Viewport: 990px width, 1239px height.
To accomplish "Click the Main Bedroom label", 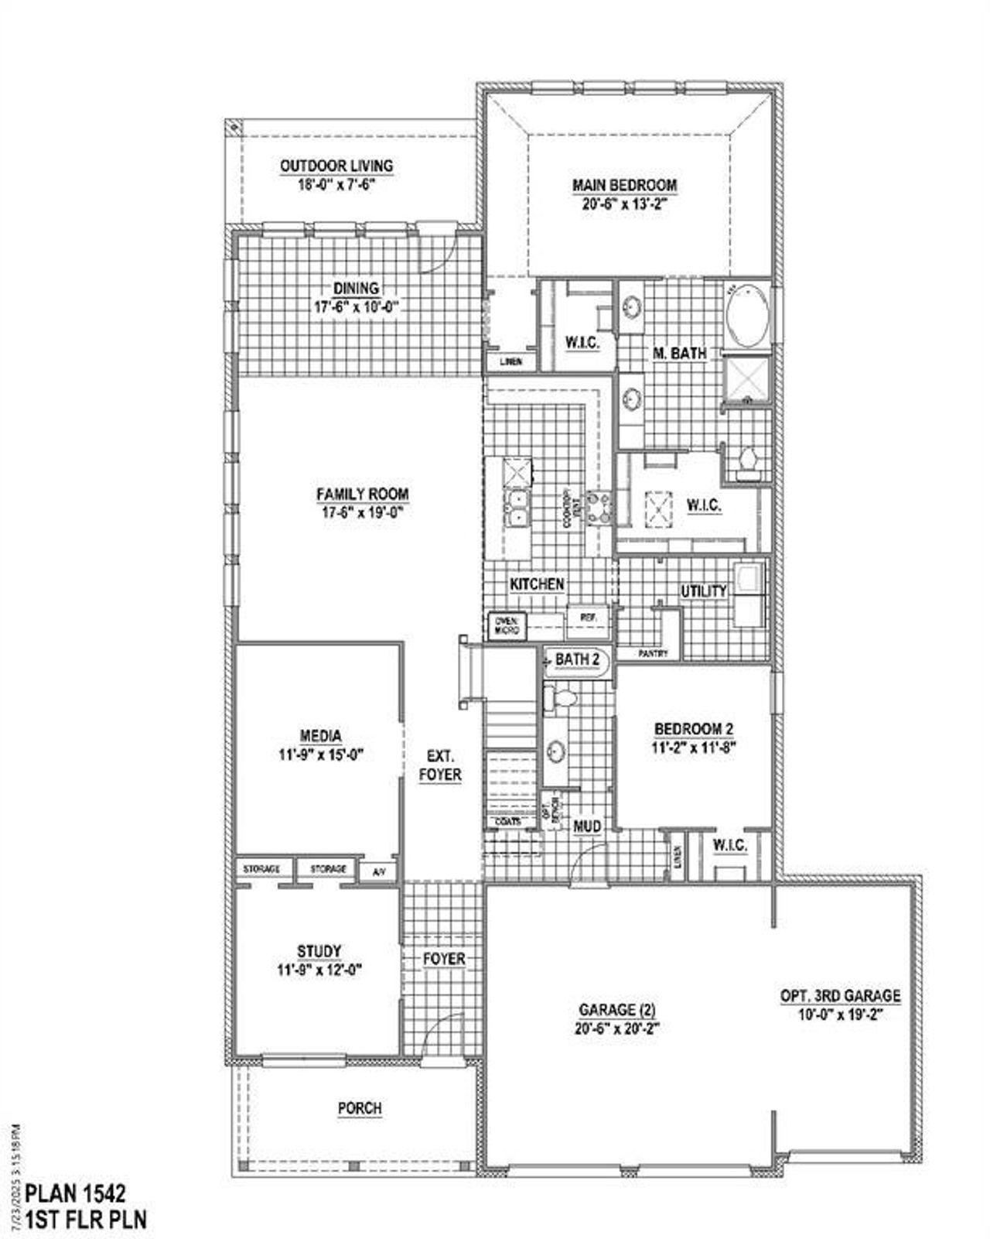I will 624,186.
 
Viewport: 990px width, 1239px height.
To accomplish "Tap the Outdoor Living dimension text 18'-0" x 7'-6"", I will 336,185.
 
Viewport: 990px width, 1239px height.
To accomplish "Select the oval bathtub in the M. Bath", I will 746,317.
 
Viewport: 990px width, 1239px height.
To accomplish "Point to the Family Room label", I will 362,494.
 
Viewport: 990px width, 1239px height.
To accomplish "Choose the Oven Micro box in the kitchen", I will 508,625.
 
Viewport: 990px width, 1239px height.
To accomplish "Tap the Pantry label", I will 653,653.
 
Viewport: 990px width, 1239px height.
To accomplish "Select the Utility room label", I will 703,590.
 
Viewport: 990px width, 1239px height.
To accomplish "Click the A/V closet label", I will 379,872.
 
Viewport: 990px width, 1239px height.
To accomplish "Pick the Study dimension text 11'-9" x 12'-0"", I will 320,969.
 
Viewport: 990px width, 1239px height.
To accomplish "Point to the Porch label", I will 360,1108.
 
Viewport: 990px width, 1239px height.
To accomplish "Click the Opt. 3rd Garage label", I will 840,996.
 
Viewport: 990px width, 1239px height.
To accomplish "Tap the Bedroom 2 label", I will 694,728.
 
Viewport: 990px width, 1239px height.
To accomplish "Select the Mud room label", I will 587,827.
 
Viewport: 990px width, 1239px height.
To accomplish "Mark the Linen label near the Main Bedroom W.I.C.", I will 510,361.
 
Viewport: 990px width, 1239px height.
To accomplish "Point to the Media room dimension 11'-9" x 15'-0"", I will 321,753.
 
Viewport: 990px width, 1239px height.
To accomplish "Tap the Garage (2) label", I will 617,1010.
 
